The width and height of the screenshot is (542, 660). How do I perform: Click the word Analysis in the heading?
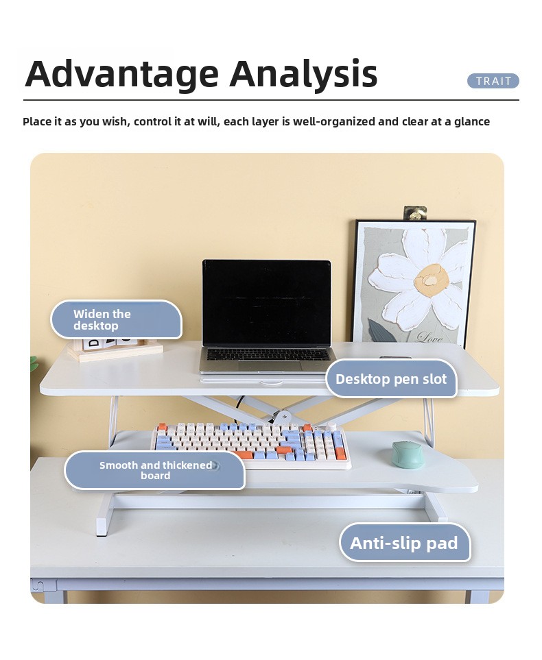coord(303,75)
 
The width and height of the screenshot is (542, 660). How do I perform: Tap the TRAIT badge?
coord(493,81)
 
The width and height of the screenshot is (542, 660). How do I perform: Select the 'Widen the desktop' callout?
coord(117,319)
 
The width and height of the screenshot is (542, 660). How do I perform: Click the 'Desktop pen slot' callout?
coord(391,379)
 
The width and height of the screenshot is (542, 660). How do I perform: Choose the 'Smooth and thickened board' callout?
coord(154,470)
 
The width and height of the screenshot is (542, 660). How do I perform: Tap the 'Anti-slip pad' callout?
coord(405,543)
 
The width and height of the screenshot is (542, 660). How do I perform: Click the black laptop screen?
coord(267,303)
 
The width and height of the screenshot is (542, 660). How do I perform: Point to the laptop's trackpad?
coord(270,366)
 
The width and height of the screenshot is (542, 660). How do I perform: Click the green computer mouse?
coord(406,454)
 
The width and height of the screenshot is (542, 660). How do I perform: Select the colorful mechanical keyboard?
coord(252,445)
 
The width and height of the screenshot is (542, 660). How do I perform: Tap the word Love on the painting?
coord(429,337)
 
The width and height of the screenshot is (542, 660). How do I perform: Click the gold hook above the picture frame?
coord(415,213)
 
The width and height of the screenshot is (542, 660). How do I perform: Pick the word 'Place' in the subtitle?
coord(36,121)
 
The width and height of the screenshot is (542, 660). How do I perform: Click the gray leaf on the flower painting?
coord(382,331)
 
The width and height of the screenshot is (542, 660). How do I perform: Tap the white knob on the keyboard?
coord(331,426)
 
